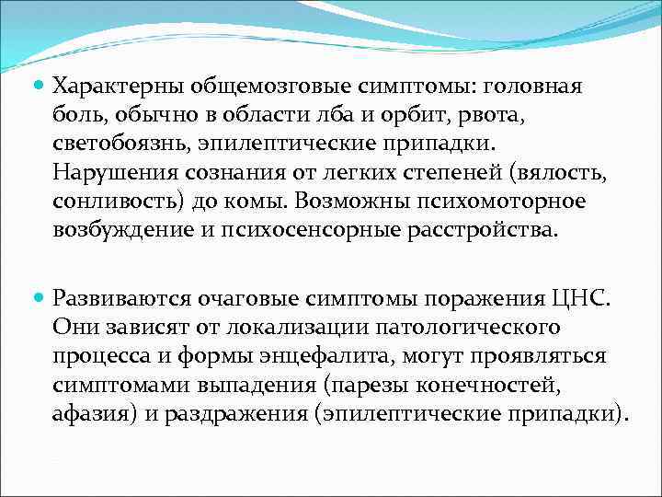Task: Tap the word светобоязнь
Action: (x=119, y=145)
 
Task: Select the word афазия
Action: (x=92, y=414)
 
